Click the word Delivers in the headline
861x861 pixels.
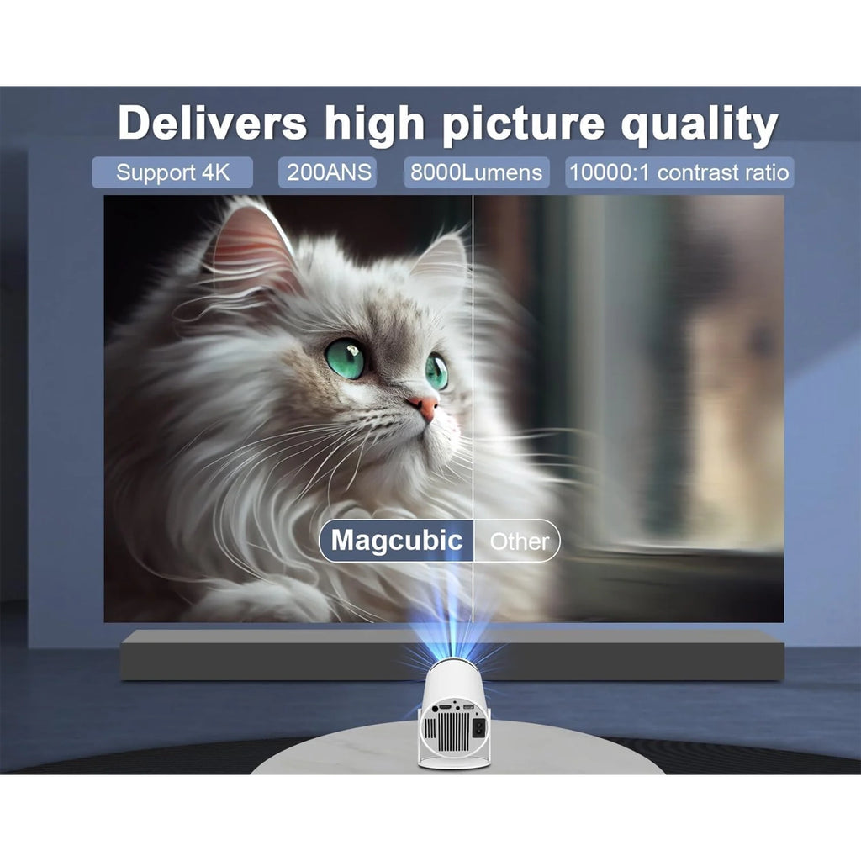tap(212, 124)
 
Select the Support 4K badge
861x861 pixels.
tap(172, 173)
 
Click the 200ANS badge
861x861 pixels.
tap(327, 173)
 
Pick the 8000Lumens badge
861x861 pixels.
tap(476, 173)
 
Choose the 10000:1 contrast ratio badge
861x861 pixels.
tap(679, 173)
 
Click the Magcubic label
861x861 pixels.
tap(396, 540)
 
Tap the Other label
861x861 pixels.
tap(519, 541)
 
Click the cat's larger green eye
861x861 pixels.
tap(346, 357)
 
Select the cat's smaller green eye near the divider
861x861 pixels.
tap(436, 371)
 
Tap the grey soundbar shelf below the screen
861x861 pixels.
tap(252, 656)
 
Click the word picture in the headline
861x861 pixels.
tap(522, 124)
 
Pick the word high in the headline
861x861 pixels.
tap(374, 124)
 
